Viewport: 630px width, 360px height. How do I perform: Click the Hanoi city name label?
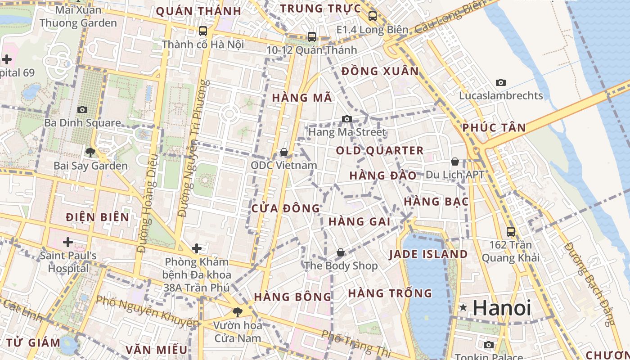[x=502, y=308]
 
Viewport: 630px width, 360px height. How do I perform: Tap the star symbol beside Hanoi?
[x=463, y=308]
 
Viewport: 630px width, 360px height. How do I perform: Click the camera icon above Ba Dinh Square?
[x=82, y=109]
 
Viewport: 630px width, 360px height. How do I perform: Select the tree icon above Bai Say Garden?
[x=90, y=152]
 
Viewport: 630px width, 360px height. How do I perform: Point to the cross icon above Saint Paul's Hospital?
[x=68, y=243]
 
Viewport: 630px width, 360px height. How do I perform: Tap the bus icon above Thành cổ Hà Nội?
[x=203, y=31]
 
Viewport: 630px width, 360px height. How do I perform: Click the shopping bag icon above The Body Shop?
[x=341, y=252]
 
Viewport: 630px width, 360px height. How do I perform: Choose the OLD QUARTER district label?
[x=380, y=151]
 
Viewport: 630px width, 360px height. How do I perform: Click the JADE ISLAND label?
[x=428, y=254]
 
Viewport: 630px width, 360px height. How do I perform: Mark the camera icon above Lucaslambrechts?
[x=501, y=82]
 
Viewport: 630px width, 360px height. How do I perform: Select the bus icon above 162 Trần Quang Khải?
[x=511, y=232]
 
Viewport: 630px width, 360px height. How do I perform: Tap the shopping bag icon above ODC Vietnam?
[x=284, y=152]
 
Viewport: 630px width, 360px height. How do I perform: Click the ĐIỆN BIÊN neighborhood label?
[x=97, y=217]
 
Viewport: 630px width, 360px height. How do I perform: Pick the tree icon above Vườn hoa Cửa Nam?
[x=237, y=311]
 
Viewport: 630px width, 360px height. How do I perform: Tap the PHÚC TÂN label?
[x=494, y=128]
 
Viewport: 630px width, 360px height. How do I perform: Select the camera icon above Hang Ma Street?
[x=347, y=119]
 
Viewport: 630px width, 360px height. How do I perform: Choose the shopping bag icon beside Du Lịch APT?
[x=455, y=162]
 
